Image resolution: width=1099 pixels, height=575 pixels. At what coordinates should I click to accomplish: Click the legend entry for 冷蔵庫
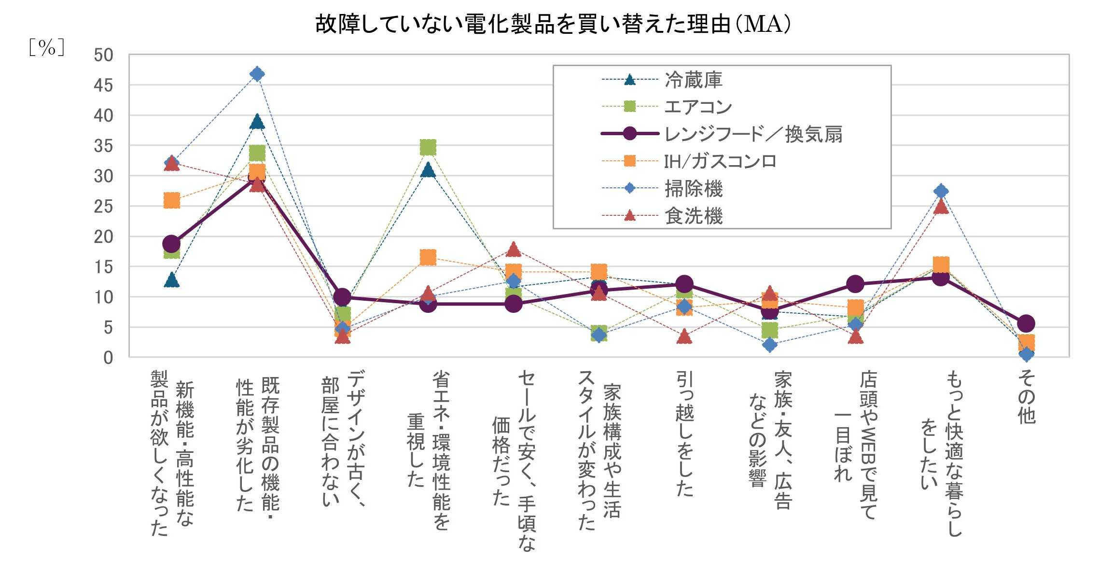pos(693,80)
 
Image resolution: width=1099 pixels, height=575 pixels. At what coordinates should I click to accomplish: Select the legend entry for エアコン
pos(698,107)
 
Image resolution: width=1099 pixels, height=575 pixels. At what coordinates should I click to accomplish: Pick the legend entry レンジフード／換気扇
pos(753,134)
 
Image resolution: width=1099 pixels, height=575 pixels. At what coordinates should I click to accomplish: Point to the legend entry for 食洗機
pos(693,216)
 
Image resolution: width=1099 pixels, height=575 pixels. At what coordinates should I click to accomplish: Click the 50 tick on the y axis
pos(103,56)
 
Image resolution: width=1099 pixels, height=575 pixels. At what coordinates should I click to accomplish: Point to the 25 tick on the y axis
pos(103,207)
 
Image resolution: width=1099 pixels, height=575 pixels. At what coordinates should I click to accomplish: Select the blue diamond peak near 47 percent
pos(257,74)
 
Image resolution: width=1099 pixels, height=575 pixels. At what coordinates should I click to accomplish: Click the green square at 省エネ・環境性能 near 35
pos(428,147)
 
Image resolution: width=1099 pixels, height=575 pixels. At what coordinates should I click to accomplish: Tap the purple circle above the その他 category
pos(1026,323)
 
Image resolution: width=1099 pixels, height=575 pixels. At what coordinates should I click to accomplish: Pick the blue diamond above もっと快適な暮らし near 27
pos(941,191)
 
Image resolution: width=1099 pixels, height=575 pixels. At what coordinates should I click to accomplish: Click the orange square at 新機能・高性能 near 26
pos(171,200)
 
